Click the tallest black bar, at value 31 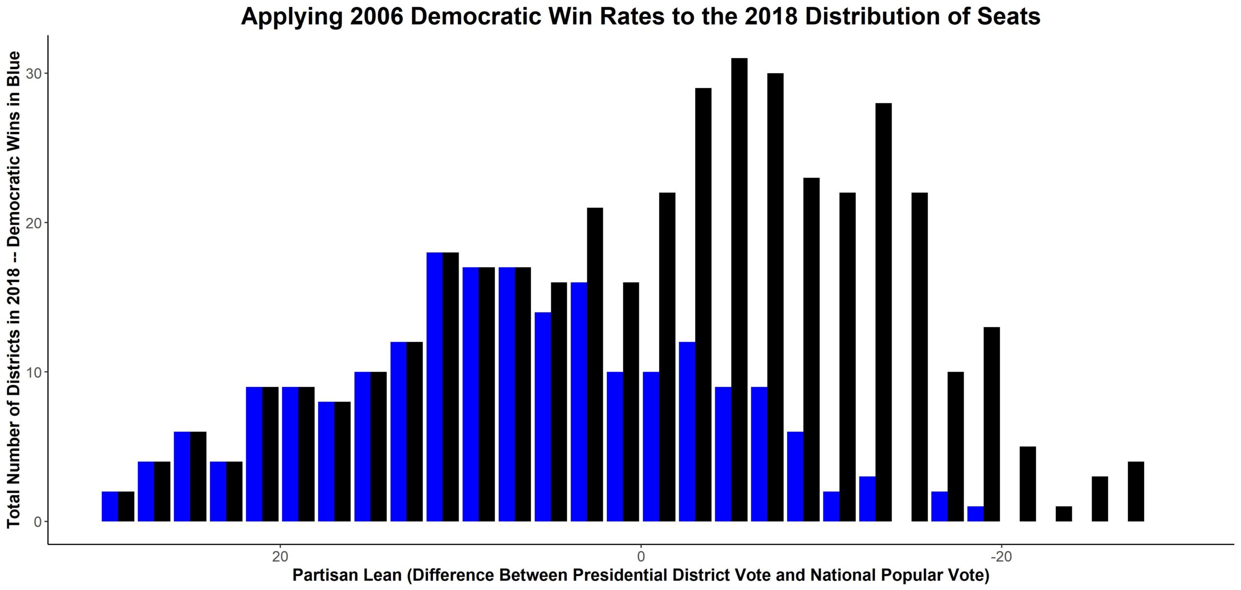click(739, 291)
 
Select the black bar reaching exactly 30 click(775, 298)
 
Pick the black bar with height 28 click(883, 312)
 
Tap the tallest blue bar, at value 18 click(435, 388)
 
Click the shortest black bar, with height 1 click(1064, 514)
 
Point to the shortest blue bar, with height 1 click(975, 514)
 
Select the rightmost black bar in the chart click(1136, 492)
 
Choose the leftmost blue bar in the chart click(110, 507)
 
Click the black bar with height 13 click(991, 425)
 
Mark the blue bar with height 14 click(543, 417)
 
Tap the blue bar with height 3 click(867, 499)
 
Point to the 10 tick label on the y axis click(33, 373)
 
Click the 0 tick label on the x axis click(641, 557)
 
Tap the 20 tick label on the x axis click(280, 557)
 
